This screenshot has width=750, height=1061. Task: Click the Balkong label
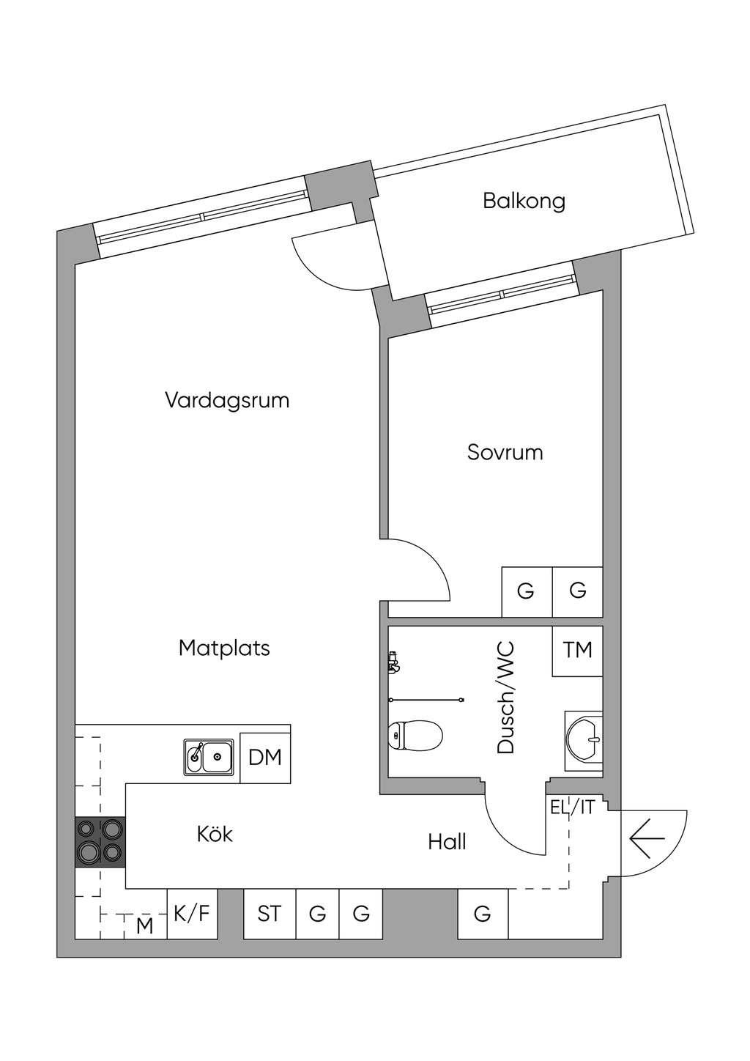pos(524,202)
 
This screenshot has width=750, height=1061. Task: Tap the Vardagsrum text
pos(227,400)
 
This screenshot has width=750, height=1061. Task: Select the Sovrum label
pos(505,452)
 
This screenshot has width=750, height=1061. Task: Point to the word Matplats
pos(224,648)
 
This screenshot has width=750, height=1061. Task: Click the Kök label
pos(215,847)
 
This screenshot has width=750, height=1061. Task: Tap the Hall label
pos(447,855)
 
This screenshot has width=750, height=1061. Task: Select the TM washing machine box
pos(577,651)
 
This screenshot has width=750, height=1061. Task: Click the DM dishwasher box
pos(265,758)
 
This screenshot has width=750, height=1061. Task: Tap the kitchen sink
pos(209,757)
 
